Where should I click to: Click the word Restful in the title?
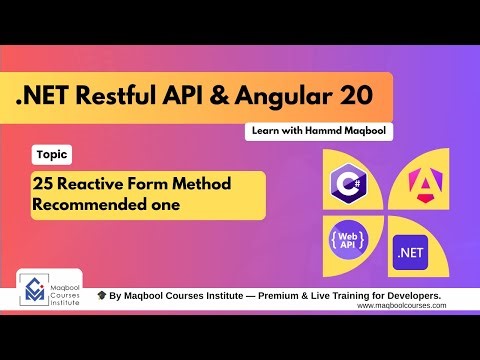click(x=141, y=97)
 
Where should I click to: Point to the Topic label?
click(x=51, y=155)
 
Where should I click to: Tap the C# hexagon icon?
click(x=348, y=183)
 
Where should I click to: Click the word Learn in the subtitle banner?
click(x=265, y=132)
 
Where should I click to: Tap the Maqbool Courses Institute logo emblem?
click(x=37, y=289)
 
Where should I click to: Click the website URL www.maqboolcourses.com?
click(x=401, y=306)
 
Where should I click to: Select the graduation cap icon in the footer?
click(x=102, y=296)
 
